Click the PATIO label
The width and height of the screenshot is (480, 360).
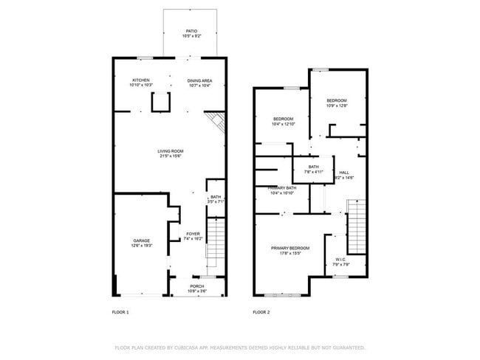click(x=191, y=31)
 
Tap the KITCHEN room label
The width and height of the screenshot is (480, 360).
click(x=141, y=80)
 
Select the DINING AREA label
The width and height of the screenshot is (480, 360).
click(x=199, y=80)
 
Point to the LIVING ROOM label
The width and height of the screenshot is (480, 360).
click(x=170, y=151)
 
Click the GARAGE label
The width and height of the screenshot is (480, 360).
click(x=141, y=240)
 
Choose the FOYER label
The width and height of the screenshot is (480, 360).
click(x=193, y=234)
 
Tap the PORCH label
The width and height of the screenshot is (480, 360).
click(x=196, y=286)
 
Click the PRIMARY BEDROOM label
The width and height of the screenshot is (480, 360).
click(x=290, y=248)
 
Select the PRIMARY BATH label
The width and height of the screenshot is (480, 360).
click(x=281, y=188)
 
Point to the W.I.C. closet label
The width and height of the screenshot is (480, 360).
click(x=340, y=259)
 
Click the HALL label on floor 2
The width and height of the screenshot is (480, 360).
click(x=344, y=172)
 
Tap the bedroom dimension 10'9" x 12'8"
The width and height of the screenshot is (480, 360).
click(x=337, y=105)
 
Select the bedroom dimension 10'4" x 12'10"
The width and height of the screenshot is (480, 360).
click(x=284, y=124)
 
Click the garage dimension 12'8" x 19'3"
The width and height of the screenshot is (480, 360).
click(x=141, y=245)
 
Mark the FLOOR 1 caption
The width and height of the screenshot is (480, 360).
click(x=120, y=312)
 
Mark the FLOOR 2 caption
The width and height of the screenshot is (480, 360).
click(x=261, y=312)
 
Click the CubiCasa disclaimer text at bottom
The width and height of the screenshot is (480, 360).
click(x=240, y=347)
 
